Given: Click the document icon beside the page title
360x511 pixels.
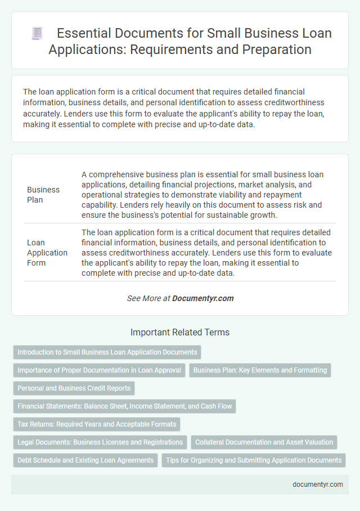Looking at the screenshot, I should click(37, 34).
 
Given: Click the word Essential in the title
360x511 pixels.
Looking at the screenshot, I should click(84, 33).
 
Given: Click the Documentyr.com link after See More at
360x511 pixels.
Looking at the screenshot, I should click(203, 298).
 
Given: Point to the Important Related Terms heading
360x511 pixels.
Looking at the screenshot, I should click(180, 333).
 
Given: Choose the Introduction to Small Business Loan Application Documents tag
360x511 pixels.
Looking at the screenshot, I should click(107, 352).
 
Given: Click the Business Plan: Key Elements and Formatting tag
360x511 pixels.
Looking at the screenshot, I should click(260, 370).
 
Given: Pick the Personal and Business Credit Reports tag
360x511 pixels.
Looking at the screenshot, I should click(74, 388).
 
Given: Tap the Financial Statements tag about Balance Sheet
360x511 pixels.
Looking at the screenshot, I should click(124, 406).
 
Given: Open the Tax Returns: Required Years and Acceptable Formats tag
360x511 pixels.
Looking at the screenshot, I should click(97, 424).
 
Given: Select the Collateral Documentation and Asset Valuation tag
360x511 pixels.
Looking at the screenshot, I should click(264, 442).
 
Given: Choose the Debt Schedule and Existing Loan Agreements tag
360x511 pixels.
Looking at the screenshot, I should click(85, 460).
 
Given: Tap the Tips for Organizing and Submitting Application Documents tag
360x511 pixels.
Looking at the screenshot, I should click(254, 460).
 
